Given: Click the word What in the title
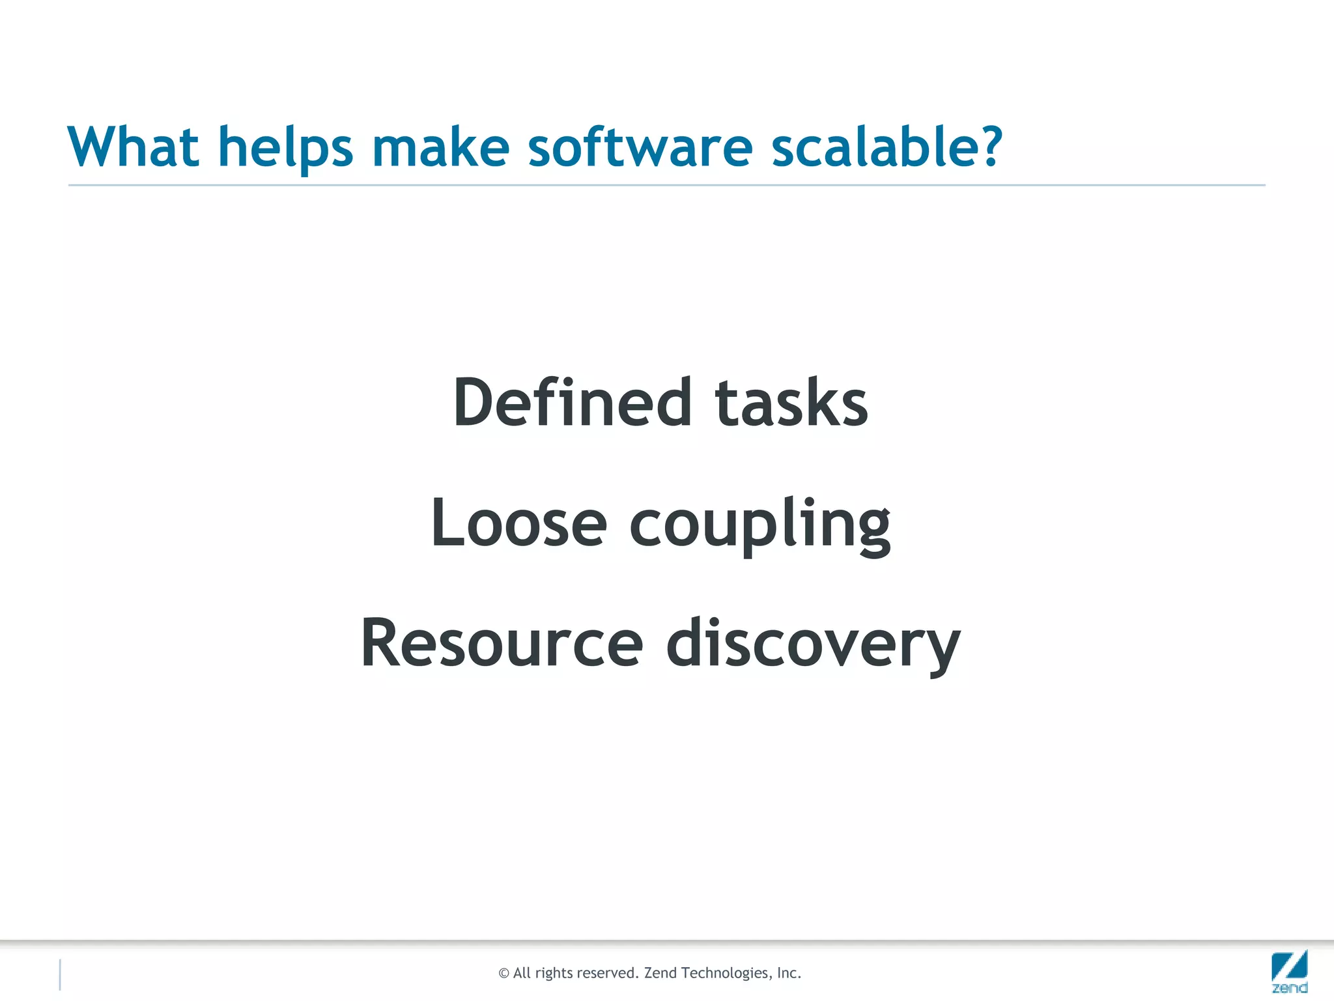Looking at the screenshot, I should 133,147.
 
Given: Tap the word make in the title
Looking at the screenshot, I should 440,147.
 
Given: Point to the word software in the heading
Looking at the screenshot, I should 640,147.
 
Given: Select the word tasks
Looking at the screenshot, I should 791,404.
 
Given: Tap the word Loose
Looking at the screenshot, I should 518,523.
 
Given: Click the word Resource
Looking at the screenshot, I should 502,643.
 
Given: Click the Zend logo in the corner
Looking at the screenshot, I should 1289,971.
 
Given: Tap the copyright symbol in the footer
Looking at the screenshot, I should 504,974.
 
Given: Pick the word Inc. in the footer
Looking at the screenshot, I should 789,973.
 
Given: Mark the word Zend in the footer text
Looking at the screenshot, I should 660,973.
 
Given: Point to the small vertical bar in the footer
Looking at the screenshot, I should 60,974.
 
